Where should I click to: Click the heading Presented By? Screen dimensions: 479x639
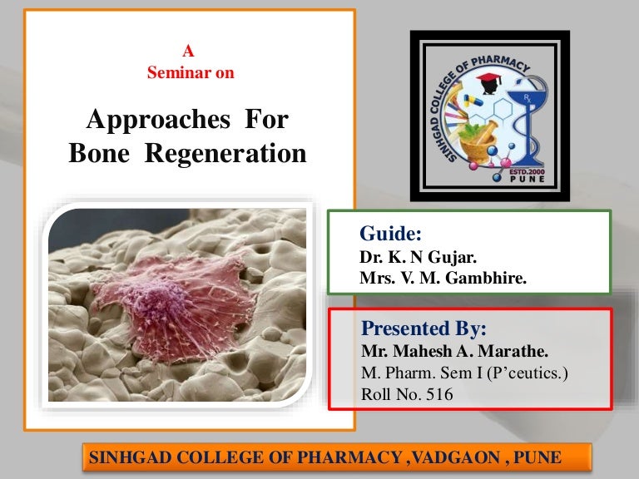click(x=424, y=325)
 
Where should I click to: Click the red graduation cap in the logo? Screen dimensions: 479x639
click(x=488, y=81)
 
